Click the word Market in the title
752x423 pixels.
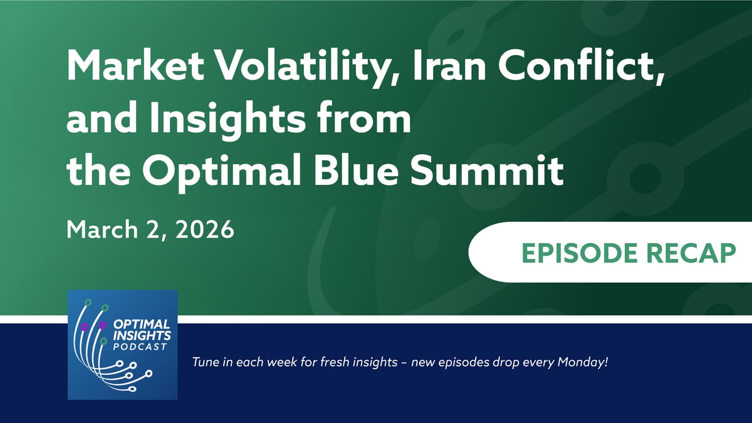pyautogui.click(x=135, y=65)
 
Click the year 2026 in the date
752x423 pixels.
pyautogui.click(x=204, y=229)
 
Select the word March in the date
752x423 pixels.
pyautogui.click(x=102, y=229)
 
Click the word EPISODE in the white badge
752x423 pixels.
pyautogui.click(x=580, y=253)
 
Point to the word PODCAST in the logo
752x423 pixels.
pyautogui.click(x=140, y=347)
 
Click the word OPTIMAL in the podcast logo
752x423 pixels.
pyautogui.click(x=142, y=325)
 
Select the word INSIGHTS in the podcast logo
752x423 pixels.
pyautogui.click(x=142, y=335)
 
